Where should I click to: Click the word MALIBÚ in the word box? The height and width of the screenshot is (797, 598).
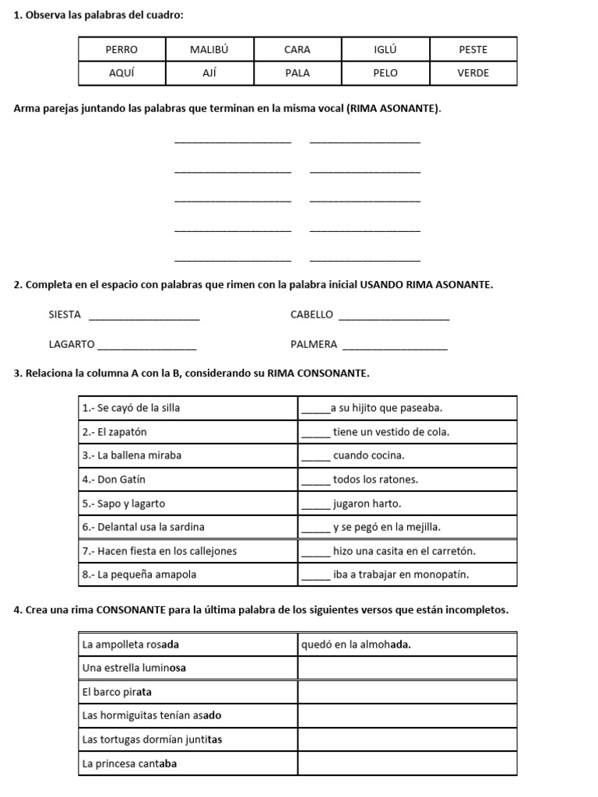pyautogui.click(x=209, y=49)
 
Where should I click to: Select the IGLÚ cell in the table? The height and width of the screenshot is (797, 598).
pyautogui.click(x=385, y=49)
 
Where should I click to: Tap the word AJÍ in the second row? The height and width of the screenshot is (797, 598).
pyautogui.click(x=209, y=73)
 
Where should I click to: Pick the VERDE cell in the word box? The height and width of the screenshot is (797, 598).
pyautogui.click(x=473, y=73)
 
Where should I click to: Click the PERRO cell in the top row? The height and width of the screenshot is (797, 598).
pyautogui.click(x=121, y=49)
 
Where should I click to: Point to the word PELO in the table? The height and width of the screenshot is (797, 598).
pyautogui.click(x=385, y=73)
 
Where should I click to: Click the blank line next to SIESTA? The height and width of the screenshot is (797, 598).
pyautogui.click(x=144, y=318)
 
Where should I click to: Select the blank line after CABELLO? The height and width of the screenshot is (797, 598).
pyautogui.click(x=395, y=318)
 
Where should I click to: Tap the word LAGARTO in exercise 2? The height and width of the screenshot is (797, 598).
pyautogui.click(x=72, y=344)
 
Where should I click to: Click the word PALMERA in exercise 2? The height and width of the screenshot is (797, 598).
pyautogui.click(x=314, y=344)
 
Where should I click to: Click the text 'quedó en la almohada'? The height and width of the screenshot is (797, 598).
pyautogui.click(x=357, y=644)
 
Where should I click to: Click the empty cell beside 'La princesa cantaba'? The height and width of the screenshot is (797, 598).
pyautogui.click(x=407, y=764)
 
